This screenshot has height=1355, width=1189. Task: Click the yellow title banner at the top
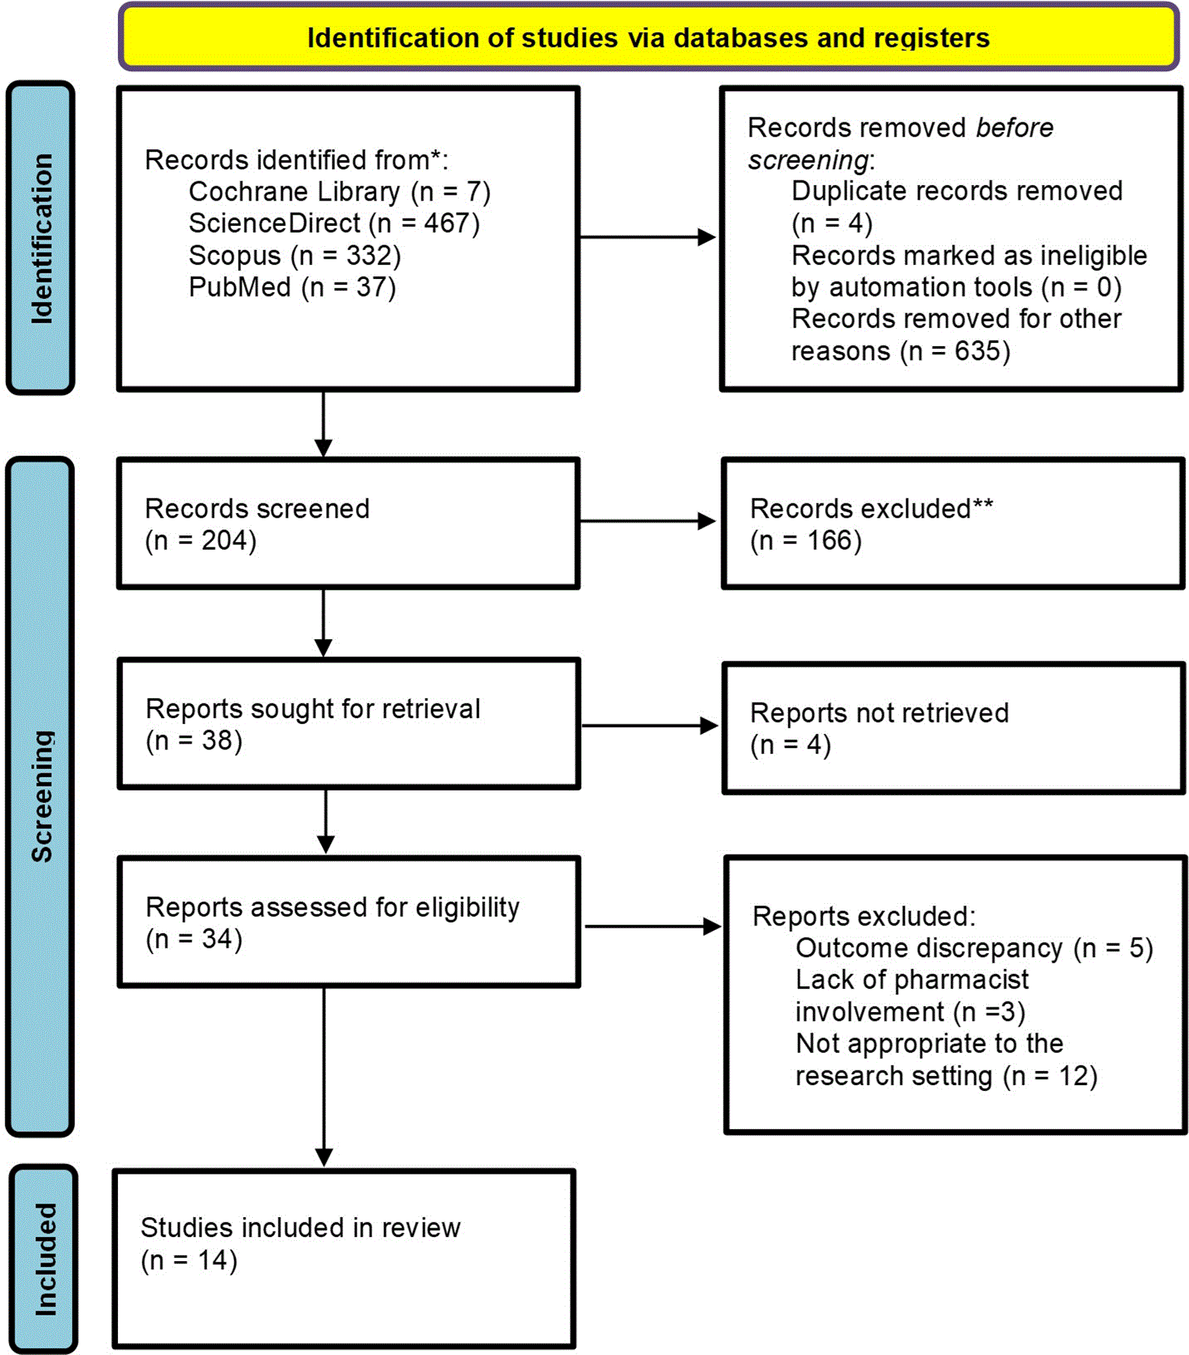click(649, 37)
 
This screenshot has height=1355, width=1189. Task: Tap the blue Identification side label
click(40, 238)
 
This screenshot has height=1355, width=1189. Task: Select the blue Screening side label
click(40, 796)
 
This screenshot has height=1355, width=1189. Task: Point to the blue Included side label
click(44, 1259)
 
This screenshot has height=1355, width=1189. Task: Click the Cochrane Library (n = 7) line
click(339, 192)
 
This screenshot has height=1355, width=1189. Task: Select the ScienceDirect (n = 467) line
click(334, 223)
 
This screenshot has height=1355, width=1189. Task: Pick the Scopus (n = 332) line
click(295, 255)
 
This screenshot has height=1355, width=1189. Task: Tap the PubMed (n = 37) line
click(292, 287)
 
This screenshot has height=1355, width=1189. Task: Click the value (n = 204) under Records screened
click(201, 540)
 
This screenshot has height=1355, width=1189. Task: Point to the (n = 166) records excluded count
click(806, 540)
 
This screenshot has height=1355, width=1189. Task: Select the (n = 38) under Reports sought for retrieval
click(194, 741)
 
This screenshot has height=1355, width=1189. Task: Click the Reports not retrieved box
click(954, 728)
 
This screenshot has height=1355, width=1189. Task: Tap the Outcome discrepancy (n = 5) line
click(974, 948)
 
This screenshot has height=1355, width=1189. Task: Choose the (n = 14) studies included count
click(189, 1260)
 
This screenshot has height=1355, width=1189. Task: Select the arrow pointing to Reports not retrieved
click(650, 725)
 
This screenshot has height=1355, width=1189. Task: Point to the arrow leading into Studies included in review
click(324, 1078)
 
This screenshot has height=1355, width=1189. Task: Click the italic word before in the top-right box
click(1014, 128)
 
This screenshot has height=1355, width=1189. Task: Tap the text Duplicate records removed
click(957, 191)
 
